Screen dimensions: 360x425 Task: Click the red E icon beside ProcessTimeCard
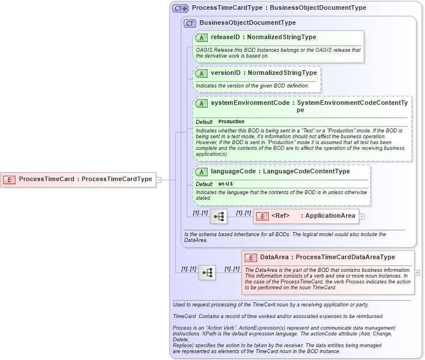pos(10,179)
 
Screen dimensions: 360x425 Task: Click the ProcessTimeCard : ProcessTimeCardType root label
pos(85,179)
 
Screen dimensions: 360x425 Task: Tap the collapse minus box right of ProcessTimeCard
pos(159,179)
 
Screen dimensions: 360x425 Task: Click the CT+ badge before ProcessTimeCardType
pos(180,9)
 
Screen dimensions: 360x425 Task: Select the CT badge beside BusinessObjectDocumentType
pos(190,23)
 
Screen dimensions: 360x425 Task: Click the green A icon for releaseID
pos(201,37)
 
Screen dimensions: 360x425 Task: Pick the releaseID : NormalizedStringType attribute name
pos(263,37)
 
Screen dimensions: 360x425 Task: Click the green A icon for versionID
pos(201,74)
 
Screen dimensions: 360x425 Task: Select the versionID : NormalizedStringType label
pos(264,74)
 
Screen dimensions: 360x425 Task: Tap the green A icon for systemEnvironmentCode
pos(201,104)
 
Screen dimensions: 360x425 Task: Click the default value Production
pos(231,122)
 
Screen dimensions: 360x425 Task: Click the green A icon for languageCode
pos(201,172)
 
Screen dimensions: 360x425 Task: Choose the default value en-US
pos(225,184)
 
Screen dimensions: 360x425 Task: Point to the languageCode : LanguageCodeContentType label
pos(280,172)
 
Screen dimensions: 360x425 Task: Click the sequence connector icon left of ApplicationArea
pos(219,217)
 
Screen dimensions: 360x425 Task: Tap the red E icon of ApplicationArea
pos(262,217)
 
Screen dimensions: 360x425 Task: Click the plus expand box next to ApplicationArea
pos(362,217)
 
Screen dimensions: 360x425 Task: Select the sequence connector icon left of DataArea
pos(207,272)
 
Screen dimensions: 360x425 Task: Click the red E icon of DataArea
pos(251,257)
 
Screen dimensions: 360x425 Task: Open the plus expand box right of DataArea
pos(417,272)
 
